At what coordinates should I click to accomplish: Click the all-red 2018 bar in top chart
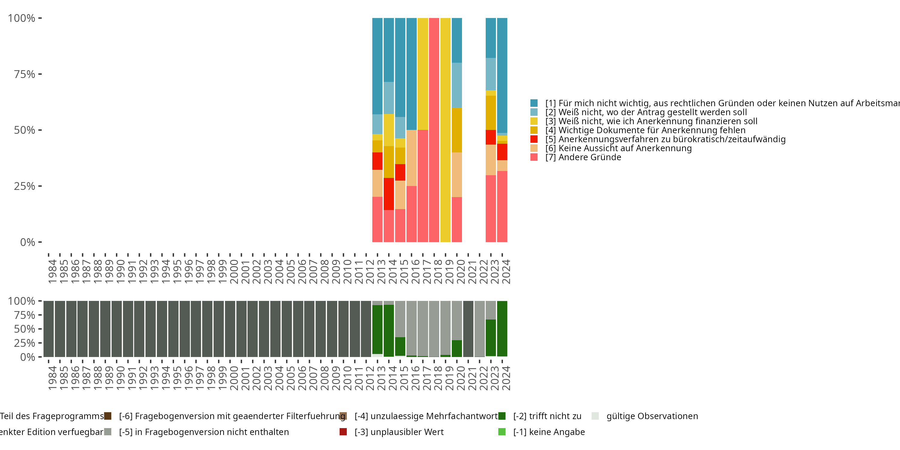(434, 130)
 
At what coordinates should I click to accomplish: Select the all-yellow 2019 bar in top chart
(445, 130)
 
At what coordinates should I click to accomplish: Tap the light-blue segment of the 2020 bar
(457, 85)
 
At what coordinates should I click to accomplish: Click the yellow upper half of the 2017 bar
(423, 74)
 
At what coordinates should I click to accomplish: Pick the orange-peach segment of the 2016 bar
(411, 157)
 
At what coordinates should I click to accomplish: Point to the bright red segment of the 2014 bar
(388, 194)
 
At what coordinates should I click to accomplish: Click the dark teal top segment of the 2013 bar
(377, 66)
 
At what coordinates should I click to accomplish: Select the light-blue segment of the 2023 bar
(490, 74)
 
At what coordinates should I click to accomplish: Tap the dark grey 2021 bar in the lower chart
(468, 329)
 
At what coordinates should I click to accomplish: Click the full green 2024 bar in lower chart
(502, 329)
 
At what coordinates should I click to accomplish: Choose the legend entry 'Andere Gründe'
(589, 157)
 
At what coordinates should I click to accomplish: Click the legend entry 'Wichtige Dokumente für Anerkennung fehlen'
(652, 130)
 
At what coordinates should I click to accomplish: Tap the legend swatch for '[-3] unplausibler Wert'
(343, 432)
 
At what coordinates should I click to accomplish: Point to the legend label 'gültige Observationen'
(652, 416)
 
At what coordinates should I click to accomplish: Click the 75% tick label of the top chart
(25, 74)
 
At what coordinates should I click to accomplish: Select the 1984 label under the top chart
(52, 271)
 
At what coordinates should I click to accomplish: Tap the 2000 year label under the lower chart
(234, 378)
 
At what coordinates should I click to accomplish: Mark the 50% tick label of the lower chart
(25, 329)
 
